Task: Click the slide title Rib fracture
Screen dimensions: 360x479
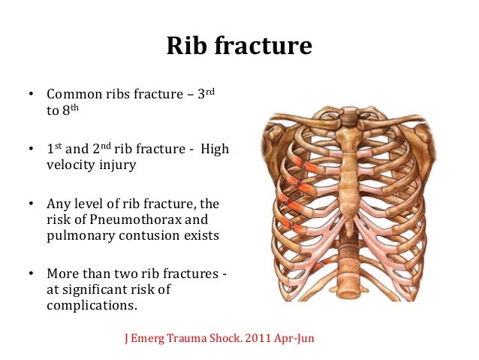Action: point(239,47)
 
